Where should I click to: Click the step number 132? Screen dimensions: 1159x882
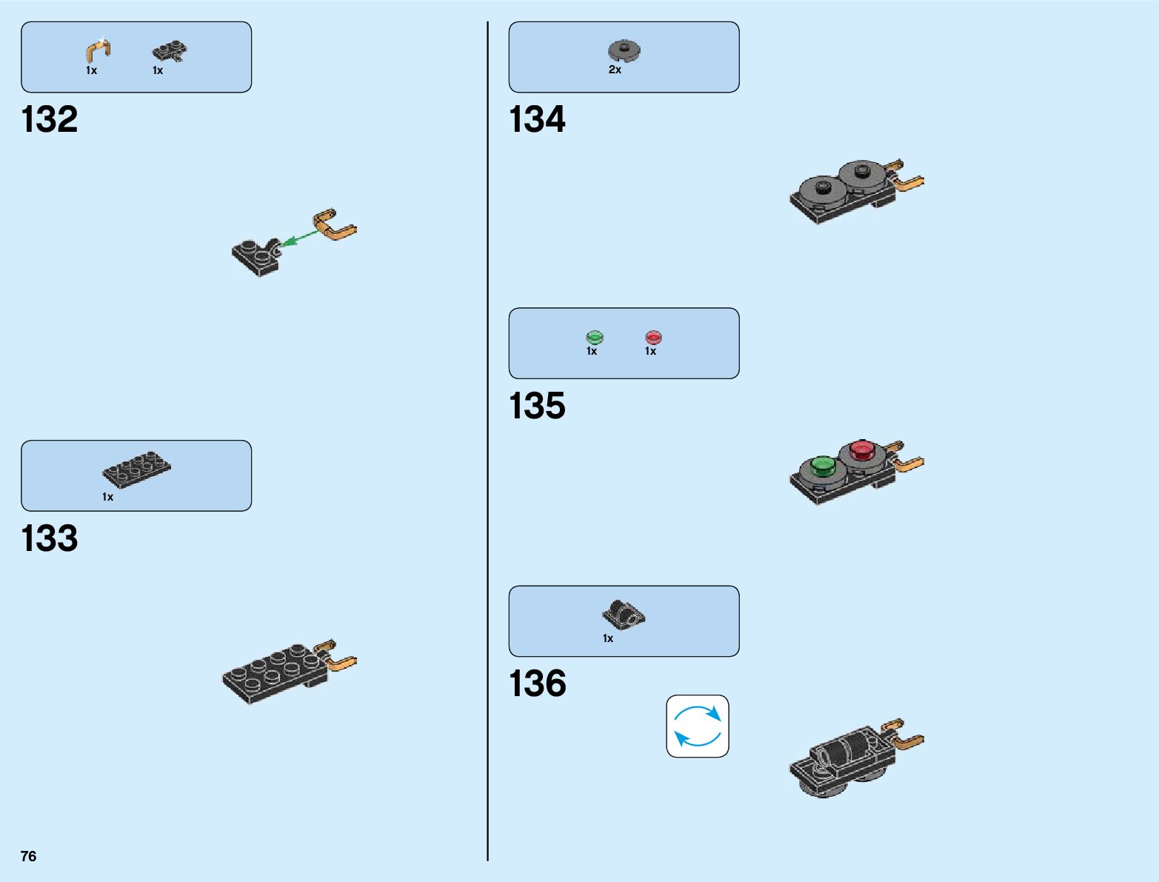50,120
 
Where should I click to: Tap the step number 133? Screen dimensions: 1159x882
50,539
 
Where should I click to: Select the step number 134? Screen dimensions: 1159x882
537,120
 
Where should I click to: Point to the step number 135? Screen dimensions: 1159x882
537,407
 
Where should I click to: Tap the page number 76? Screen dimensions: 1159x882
28,856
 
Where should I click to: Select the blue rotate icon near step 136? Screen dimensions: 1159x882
698,726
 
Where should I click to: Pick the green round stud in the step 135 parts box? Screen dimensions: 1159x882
595,338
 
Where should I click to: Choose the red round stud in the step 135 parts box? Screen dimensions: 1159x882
653,338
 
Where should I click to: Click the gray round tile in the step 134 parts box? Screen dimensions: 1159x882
624,51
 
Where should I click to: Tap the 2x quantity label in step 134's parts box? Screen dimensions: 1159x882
615,70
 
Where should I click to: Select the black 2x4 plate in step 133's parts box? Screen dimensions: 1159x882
136,469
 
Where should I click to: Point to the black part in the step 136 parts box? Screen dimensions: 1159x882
624,614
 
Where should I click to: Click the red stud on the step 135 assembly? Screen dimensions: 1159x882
862,449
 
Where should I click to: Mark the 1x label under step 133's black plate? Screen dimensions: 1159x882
108,497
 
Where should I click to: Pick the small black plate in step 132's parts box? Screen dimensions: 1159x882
170,52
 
